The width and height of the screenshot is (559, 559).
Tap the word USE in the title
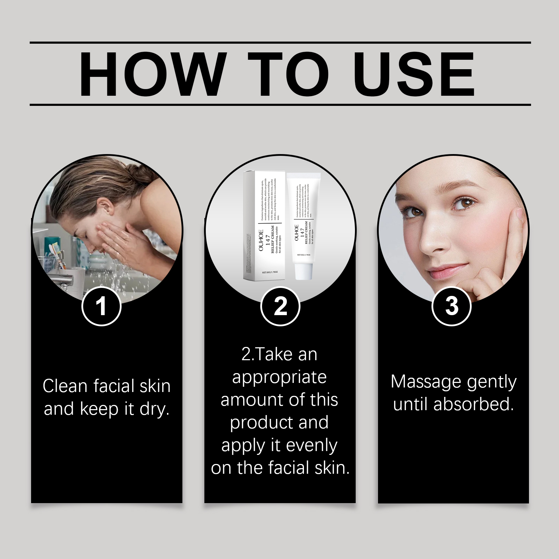[x=416, y=74]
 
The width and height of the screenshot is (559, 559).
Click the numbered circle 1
[x=101, y=306]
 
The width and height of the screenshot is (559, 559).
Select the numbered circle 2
[x=280, y=306]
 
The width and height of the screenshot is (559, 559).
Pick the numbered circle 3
[x=451, y=306]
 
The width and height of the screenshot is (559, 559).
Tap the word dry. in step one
[x=154, y=409]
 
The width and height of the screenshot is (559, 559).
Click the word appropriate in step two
[x=279, y=378]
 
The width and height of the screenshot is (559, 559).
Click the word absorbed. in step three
[x=473, y=405]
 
